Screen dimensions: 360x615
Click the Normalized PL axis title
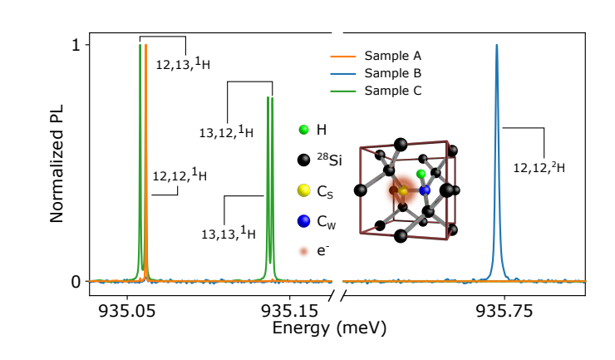point(57,163)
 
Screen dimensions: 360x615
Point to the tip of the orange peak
point(145,46)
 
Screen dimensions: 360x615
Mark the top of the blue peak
point(497,46)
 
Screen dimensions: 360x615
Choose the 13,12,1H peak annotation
point(226,131)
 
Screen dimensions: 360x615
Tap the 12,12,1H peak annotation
point(180,175)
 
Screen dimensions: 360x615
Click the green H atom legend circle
point(304,130)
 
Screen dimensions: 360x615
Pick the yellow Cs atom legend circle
point(304,190)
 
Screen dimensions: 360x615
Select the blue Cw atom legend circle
point(304,221)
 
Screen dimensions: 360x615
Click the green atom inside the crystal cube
point(421,174)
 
